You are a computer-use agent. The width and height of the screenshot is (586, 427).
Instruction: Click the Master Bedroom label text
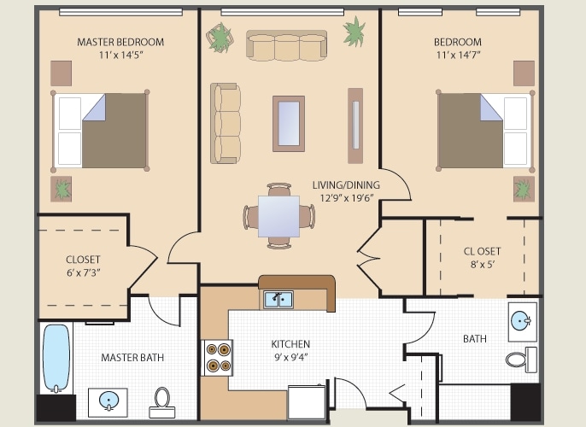pos(120,42)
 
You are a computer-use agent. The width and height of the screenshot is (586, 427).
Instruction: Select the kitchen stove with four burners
pos(217,357)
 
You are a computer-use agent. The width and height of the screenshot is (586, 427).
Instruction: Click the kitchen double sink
pos(278,299)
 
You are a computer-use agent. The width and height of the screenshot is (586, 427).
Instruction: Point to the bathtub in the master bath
pos(55,359)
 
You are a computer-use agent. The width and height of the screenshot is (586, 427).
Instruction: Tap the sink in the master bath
pos(108,401)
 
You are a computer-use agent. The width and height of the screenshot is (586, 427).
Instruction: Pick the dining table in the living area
pos(279,216)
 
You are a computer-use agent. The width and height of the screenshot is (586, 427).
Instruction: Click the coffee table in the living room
pos(288,124)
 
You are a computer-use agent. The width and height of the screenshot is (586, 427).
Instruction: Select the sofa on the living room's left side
pos(226,124)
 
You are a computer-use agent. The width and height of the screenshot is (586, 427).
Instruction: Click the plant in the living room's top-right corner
pos(354,32)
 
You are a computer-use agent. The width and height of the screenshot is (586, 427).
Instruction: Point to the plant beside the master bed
pos(63,188)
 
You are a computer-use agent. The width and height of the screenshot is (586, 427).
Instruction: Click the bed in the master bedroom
pos(101,130)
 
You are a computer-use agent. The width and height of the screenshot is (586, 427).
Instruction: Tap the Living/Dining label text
pos(346,185)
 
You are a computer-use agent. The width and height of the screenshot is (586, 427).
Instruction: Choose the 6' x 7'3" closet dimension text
pos(83,273)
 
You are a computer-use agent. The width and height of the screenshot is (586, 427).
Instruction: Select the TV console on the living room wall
pos(355,126)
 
